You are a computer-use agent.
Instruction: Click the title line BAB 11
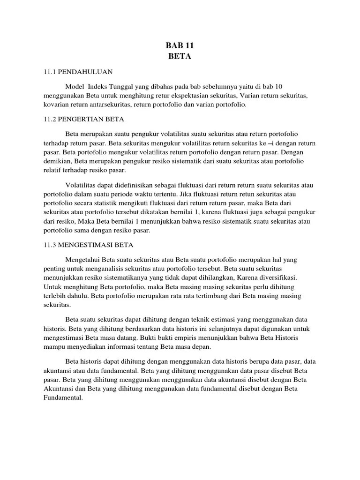180,46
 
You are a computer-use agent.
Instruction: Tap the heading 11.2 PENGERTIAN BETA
80,119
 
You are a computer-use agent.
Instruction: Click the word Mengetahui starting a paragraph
86,259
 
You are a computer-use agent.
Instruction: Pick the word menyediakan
91,347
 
